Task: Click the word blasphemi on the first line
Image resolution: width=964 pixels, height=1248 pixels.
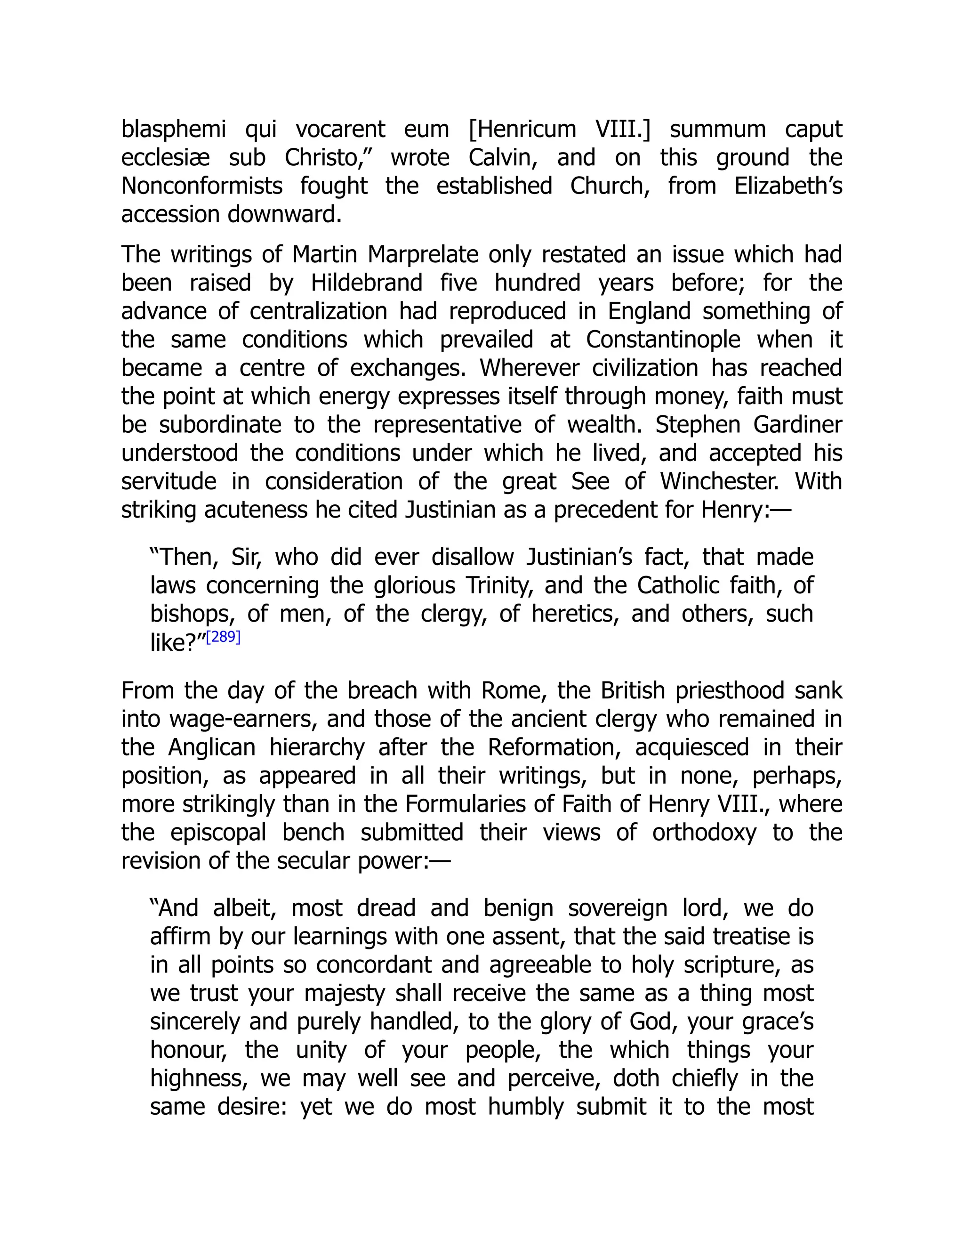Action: click(x=174, y=130)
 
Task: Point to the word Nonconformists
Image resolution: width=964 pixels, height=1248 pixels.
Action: click(x=201, y=186)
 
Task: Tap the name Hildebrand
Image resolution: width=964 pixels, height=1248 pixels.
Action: click(x=367, y=283)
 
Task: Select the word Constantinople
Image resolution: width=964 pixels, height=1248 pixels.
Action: click(x=662, y=340)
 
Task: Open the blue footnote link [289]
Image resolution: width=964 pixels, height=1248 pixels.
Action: click(x=223, y=637)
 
